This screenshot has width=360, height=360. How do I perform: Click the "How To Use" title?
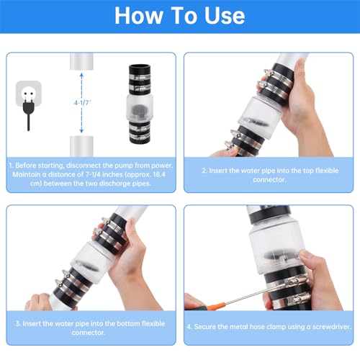point(179,16)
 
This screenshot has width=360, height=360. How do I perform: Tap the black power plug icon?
point(29,113)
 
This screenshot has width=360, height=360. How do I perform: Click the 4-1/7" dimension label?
point(82,103)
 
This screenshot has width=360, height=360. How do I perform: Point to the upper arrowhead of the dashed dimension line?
point(81,75)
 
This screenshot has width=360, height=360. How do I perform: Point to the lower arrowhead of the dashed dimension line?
point(81,130)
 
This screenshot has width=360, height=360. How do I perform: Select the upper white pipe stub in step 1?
point(81,61)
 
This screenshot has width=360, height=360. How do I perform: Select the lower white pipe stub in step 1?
point(81,146)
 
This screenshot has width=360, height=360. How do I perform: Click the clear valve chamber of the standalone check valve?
point(140,109)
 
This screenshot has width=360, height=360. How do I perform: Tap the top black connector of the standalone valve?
point(140,79)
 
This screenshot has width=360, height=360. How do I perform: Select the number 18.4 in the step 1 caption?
point(159,174)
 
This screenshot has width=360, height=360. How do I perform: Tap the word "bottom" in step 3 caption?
point(129,323)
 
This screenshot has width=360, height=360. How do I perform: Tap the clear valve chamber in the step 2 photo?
point(261,117)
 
